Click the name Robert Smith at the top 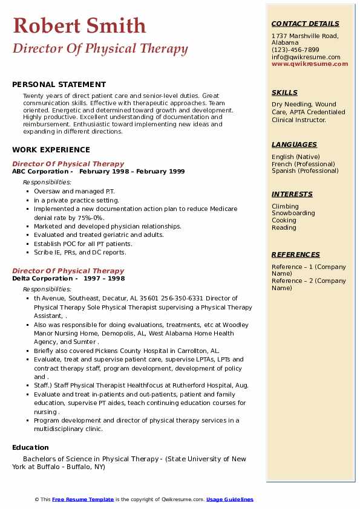(x=79, y=25)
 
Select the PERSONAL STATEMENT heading (x=59, y=85)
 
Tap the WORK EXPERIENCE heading (x=51, y=150)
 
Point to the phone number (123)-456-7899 (x=295, y=50)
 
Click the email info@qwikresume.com (x=306, y=57)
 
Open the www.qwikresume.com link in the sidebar (x=310, y=64)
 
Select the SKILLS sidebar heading (x=284, y=92)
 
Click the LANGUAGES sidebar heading (x=294, y=144)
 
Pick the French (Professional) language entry (x=303, y=164)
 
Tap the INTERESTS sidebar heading (x=292, y=194)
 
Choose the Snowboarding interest (x=293, y=213)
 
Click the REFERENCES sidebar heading (x=296, y=254)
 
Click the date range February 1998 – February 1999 (x=132, y=172)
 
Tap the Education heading (x=30, y=447)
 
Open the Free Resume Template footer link (x=83, y=499)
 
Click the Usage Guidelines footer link (x=229, y=499)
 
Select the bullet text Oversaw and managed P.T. (x=65, y=191)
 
